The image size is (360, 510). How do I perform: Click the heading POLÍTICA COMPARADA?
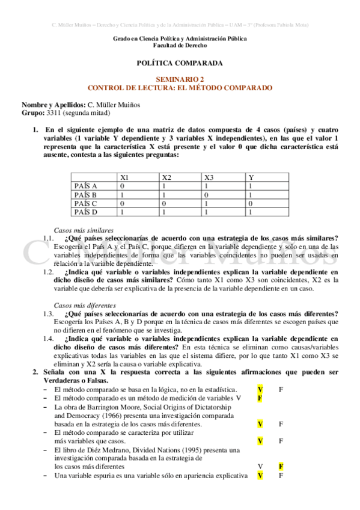[x=180, y=63]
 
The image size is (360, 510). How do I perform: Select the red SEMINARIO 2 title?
[x=180, y=79]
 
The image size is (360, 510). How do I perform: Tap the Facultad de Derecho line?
[x=180, y=46]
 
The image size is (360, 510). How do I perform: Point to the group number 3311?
[x=55, y=112]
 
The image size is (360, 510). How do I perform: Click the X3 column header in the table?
[x=209, y=177]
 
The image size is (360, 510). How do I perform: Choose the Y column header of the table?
[x=251, y=177]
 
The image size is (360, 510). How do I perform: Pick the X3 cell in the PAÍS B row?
[x=207, y=195]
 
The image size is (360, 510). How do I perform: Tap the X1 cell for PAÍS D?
[x=122, y=212]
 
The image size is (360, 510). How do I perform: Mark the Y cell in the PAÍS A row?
[x=251, y=186]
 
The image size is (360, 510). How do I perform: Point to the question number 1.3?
[x=49, y=314]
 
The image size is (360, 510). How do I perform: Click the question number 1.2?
[x=49, y=272]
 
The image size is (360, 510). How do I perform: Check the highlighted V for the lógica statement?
[x=260, y=390]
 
